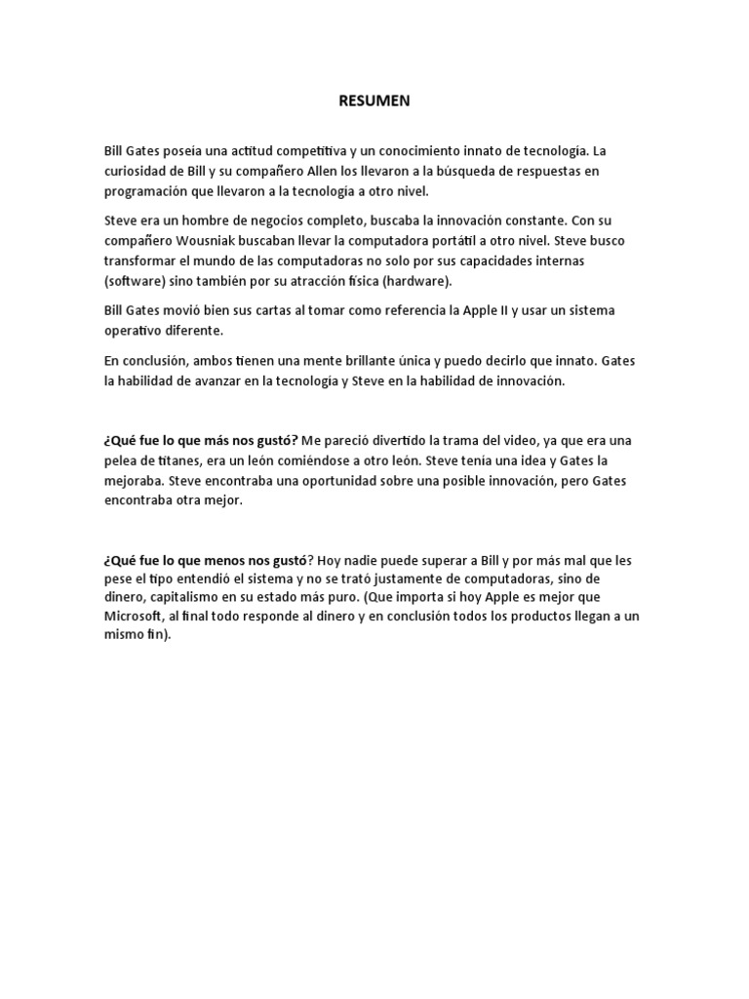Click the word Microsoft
[x=136, y=617]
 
